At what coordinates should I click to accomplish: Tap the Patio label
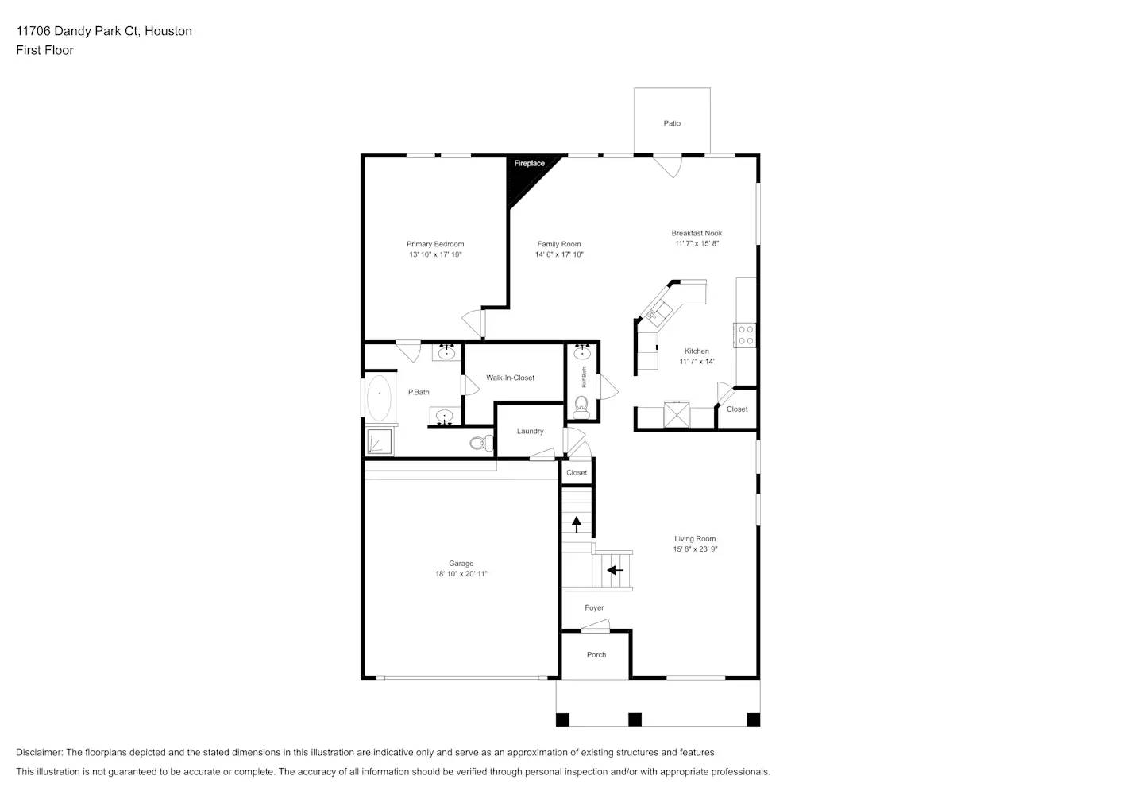pyautogui.click(x=672, y=123)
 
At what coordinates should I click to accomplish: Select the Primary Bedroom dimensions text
pyautogui.click(x=435, y=255)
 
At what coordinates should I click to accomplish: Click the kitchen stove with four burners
pyautogui.click(x=745, y=335)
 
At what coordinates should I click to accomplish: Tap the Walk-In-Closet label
pyautogui.click(x=510, y=378)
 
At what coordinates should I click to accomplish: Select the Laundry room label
pyautogui.click(x=530, y=432)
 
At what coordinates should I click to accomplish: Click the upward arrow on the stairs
pyautogui.click(x=576, y=524)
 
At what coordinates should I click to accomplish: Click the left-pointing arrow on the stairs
pyautogui.click(x=615, y=570)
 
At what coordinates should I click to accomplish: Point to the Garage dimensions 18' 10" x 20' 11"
pyautogui.click(x=461, y=574)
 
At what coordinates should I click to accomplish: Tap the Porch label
pyautogui.click(x=596, y=655)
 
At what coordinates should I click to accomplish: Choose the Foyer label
pyautogui.click(x=594, y=608)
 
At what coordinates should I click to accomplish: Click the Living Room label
pyautogui.click(x=695, y=539)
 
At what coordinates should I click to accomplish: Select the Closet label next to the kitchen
pyautogui.click(x=737, y=409)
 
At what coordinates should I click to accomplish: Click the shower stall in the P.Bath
pyautogui.click(x=380, y=442)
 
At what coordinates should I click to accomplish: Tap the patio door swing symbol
pyautogui.click(x=668, y=165)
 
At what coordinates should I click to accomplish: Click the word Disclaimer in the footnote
pyautogui.click(x=38, y=753)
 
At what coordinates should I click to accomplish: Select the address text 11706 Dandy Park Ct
pyautogui.click(x=78, y=31)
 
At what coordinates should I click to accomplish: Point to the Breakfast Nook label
pyautogui.click(x=697, y=234)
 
